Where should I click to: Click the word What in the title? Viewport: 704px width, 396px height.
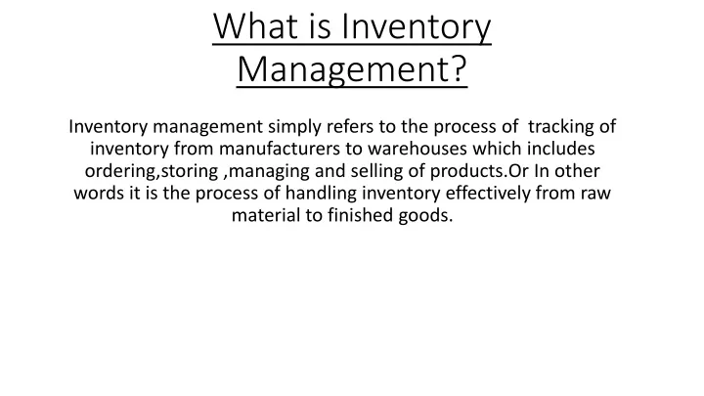click(x=256, y=26)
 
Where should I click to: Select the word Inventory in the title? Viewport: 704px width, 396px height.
click(x=417, y=28)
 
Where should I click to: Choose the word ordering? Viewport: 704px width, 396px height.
click(x=120, y=171)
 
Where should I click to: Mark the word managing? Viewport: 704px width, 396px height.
click(x=270, y=171)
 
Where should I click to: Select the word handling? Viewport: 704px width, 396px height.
click(x=321, y=194)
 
